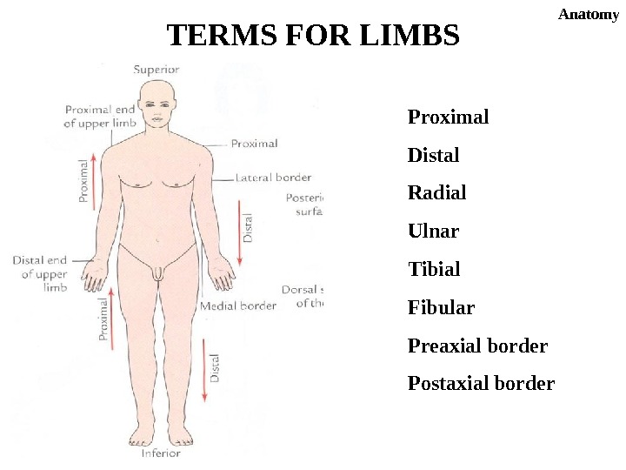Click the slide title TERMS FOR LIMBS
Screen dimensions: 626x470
tap(312, 37)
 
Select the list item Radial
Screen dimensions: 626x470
tap(436, 192)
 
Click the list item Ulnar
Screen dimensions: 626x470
tap(433, 232)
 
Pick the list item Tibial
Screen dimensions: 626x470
tap(434, 270)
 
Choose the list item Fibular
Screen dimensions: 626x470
tap(441, 308)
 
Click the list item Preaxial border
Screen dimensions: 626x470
tap(477, 346)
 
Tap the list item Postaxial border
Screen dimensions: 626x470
tap(481, 384)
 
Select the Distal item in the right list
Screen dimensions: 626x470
tap(433, 156)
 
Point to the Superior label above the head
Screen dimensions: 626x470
tap(157, 70)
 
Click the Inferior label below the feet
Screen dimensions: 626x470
tap(161, 453)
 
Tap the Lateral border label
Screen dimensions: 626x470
tap(274, 178)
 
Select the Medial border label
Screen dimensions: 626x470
tap(238, 305)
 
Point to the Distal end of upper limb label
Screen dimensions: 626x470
tap(41, 273)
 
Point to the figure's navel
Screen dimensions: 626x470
tap(157, 235)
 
